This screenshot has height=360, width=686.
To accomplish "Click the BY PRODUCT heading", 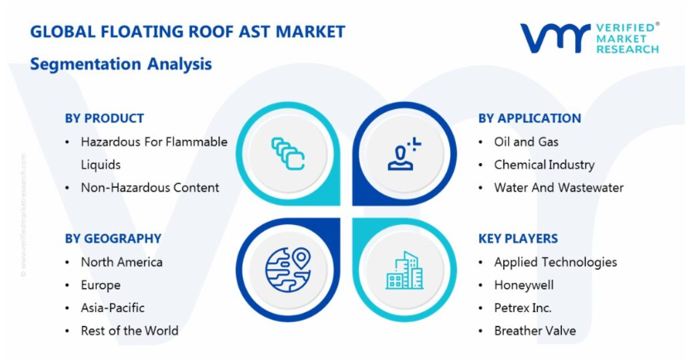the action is (104, 118).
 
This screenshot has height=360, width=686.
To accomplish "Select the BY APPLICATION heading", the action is (530, 118).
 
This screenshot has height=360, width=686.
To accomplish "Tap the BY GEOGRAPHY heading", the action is (113, 238).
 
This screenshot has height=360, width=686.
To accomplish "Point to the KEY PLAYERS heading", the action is (518, 238).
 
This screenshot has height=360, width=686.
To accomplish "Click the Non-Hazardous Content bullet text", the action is (150, 188).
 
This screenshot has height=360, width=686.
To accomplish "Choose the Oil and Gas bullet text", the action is (526, 142).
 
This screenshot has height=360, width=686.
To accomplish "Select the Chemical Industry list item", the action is (544, 165).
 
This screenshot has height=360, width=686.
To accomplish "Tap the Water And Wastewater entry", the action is (559, 188).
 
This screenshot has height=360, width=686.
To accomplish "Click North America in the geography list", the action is (122, 262).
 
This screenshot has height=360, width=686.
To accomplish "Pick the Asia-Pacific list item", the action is (113, 308).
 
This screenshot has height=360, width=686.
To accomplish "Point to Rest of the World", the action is (129, 331).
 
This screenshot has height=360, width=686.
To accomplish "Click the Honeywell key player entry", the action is (524, 286).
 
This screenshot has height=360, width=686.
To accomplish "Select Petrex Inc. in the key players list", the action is (523, 308).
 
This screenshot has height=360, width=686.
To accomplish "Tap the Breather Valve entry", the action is (535, 331).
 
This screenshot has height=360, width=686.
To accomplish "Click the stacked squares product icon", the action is (288, 154).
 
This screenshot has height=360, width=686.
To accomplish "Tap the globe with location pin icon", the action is (288, 270).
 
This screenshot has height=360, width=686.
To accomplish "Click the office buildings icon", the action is (405, 270).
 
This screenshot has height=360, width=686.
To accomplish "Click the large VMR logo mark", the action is (555, 38).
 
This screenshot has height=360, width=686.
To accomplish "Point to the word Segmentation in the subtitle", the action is (85, 65).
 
